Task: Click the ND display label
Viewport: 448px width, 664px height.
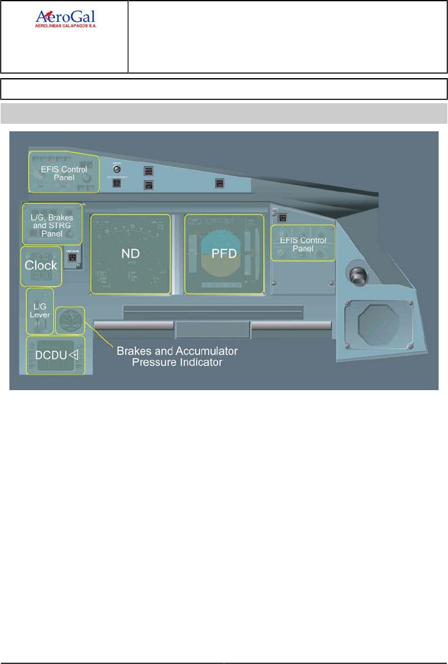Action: click(130, 254)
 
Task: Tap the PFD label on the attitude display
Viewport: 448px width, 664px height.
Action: click(224, 255)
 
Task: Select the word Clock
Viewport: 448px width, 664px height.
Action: click(41, 265)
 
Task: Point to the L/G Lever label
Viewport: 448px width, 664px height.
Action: click(39, 309)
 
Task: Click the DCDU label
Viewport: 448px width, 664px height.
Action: click(48, 355)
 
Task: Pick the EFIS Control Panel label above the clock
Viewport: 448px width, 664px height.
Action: click(63, 173)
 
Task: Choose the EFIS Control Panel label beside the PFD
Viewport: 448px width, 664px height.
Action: click(302, 244)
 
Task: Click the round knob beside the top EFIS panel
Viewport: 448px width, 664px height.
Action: click(116, 168)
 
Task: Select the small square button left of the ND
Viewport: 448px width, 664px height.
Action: click(71, 258)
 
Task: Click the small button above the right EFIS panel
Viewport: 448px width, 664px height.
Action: click(282, 218)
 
